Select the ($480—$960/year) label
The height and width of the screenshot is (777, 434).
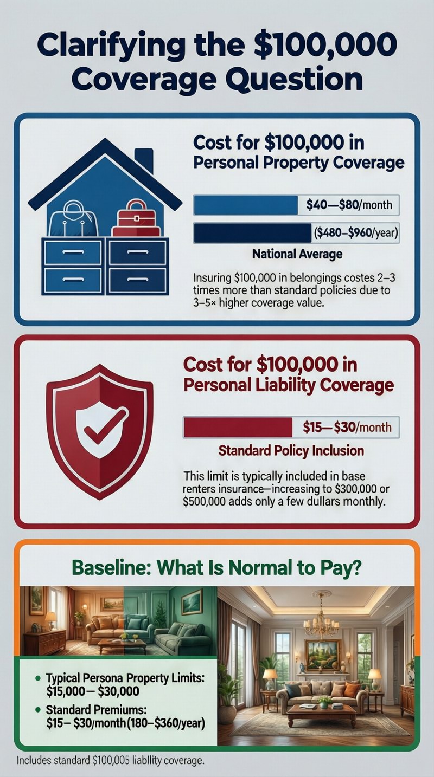click(x=355, y=235)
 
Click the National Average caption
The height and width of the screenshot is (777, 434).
click(x=297, y=254)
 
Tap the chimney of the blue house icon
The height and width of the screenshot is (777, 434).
click(x=143, y=160)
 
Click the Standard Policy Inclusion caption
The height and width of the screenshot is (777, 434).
click(x=291, y=450)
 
